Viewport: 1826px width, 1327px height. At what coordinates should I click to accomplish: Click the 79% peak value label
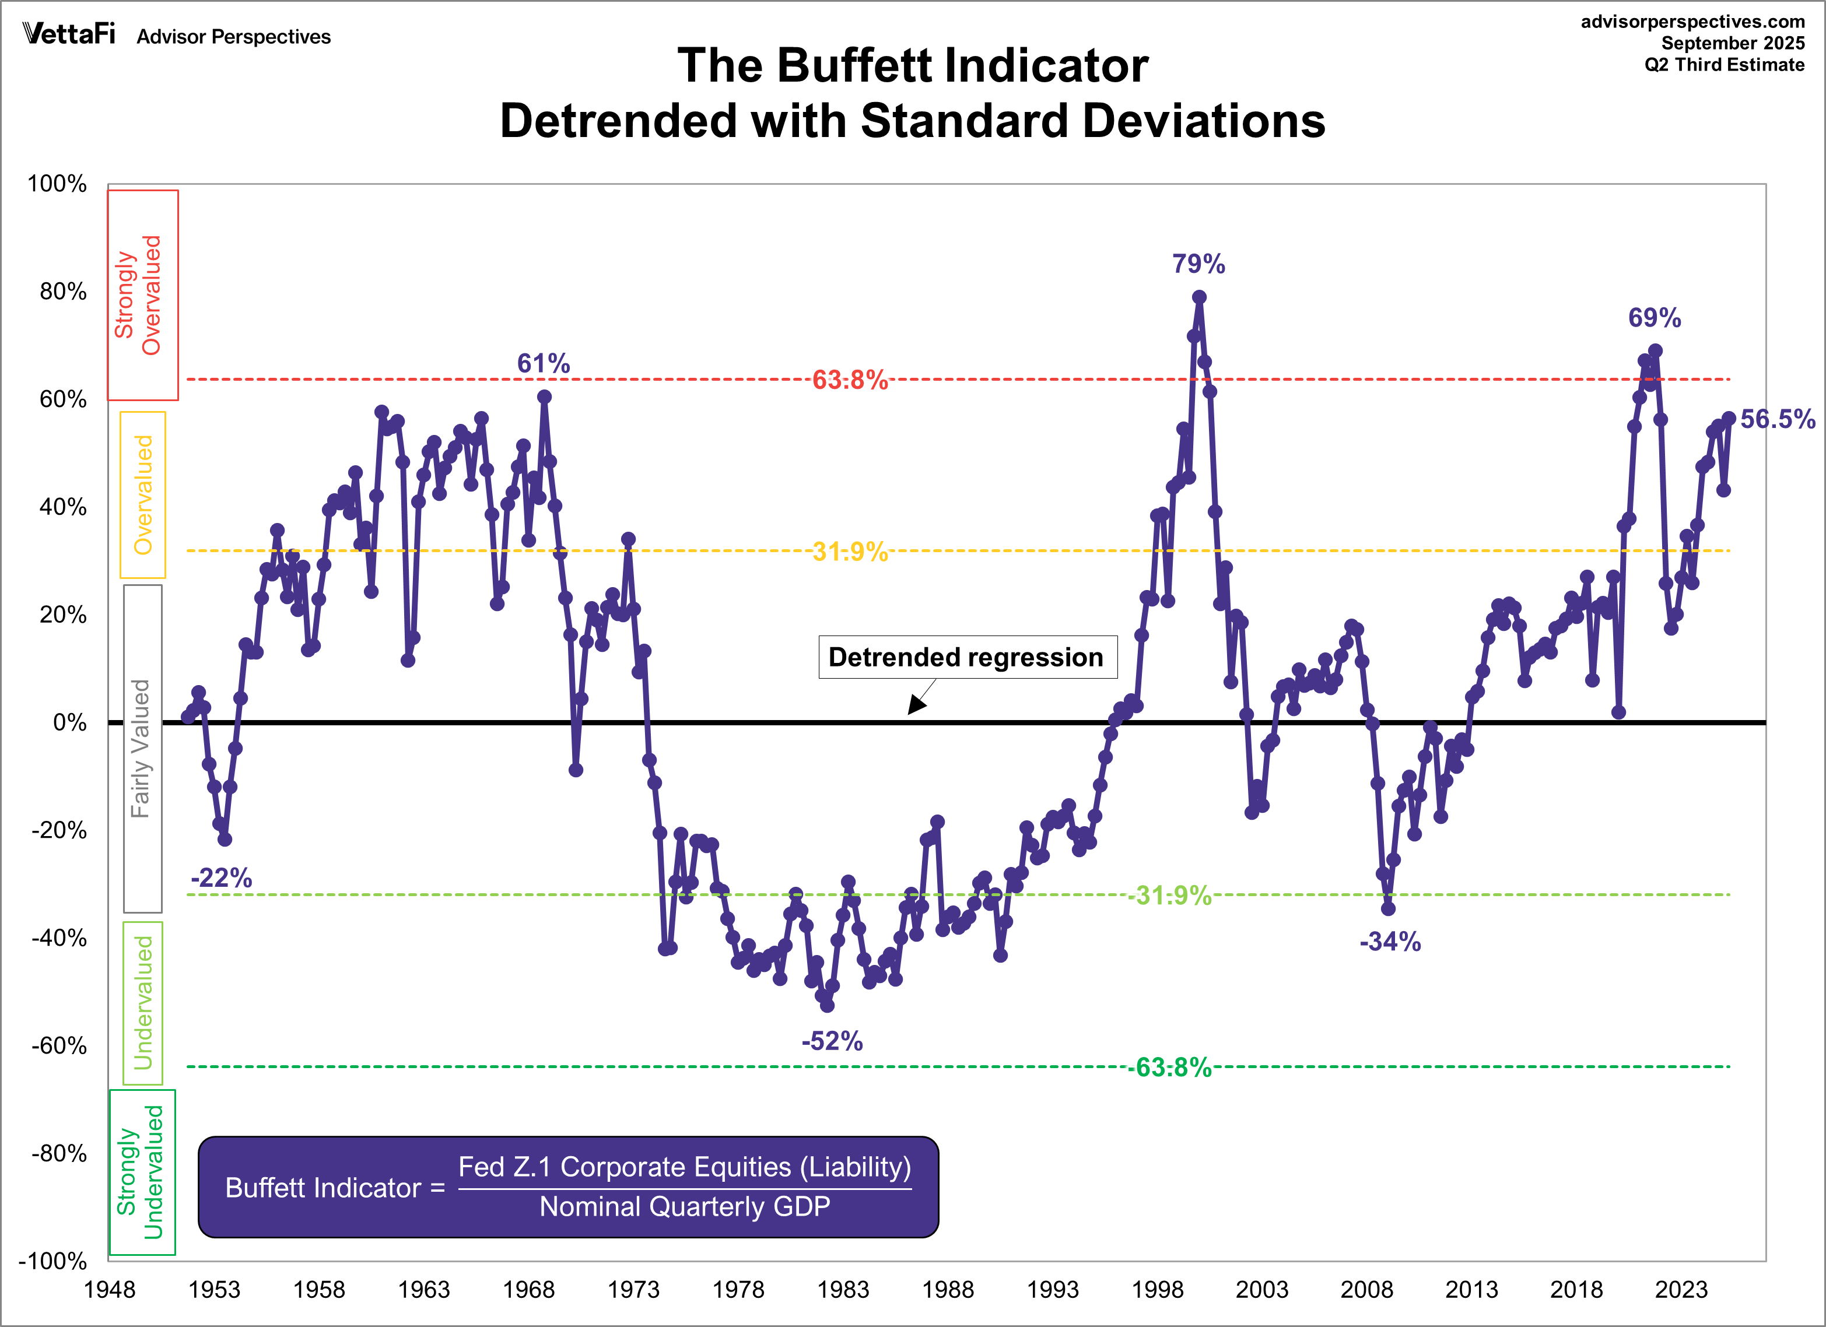coord(1198,264)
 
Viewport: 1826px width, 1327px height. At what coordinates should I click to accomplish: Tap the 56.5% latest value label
coord(1777,419)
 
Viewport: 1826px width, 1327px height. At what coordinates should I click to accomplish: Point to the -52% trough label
coord(832,1041)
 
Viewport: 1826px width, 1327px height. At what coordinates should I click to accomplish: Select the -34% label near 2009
coord(1390,942)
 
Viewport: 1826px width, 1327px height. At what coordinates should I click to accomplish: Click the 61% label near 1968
coord(544,364)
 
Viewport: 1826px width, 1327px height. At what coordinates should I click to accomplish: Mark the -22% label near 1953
coord(222,877)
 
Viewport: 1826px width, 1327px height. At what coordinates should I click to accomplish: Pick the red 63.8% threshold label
coord(849,380)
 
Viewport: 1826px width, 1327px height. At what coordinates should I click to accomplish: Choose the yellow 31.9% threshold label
coord(849,552)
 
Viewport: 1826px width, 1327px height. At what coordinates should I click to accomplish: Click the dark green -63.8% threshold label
coord(1169,1068)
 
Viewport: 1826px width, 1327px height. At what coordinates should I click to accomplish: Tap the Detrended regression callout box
coord(967,658)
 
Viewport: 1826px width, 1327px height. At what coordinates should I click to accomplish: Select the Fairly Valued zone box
coord(142,749)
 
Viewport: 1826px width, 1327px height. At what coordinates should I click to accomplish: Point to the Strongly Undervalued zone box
coord(142,1172)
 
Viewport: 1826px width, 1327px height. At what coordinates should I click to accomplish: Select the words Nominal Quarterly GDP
coord(684,1207)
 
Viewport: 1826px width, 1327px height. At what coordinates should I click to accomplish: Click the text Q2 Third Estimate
coord(1724,65)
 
